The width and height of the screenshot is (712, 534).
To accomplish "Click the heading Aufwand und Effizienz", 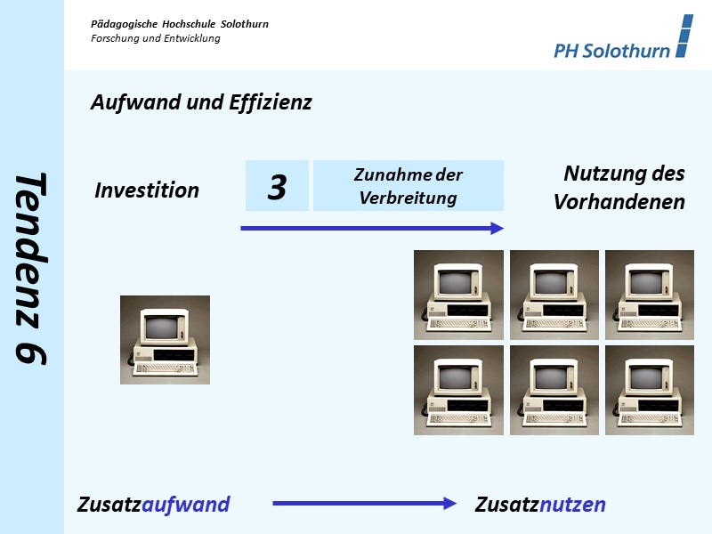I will tap(201, 102).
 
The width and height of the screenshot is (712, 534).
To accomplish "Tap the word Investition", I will tap(147, 190).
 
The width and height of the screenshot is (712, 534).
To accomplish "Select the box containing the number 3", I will tap(277, 186).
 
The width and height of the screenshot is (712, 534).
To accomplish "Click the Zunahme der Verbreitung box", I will tap(409, 186).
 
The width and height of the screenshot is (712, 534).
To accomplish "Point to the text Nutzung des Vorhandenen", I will tap(620, 188).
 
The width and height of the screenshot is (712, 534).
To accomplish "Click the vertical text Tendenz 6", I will tap(32, 267).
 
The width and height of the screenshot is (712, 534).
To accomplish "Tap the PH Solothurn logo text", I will tap(611, 51).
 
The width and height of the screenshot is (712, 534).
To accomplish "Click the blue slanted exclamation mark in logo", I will tap(684, 36).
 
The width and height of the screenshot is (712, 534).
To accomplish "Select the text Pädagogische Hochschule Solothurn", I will tap(180, 24).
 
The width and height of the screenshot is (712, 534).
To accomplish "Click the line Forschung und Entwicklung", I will tap(156, 38).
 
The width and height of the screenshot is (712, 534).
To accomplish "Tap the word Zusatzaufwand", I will tap(154, 506).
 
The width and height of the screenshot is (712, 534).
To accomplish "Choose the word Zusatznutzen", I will tap(540, 506).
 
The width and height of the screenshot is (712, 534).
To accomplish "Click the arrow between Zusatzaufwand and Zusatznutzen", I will tap(364, 504).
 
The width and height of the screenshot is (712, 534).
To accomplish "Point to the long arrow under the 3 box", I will tap(372, 229).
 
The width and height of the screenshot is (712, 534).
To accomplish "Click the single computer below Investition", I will tap(165, 340).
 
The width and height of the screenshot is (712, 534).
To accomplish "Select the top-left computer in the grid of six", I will tap(458, 295).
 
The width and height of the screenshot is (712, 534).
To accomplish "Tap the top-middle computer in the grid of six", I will tap(554, 295).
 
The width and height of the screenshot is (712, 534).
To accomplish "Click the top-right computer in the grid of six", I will tap(650, 295).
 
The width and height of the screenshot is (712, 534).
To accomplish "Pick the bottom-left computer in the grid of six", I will tap(458, 390).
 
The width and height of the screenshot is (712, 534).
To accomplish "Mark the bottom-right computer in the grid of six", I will tap(650, 390).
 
